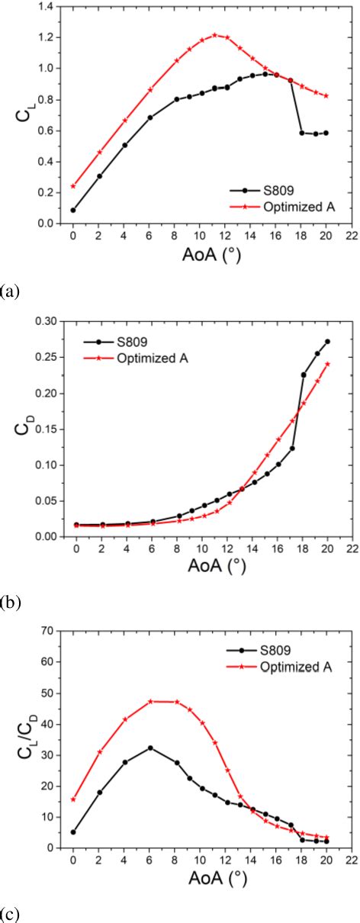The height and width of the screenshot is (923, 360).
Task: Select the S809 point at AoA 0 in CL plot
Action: click(x=73, y=210)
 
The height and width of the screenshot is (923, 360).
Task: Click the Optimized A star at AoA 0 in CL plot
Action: click(x=73, y=186)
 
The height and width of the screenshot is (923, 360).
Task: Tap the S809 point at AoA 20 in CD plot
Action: click(x=327, y=342)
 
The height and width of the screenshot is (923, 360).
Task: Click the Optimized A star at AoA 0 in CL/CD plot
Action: click(x=73, y=799)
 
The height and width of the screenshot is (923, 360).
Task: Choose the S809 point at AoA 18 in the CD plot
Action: click(x=303, y=375)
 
